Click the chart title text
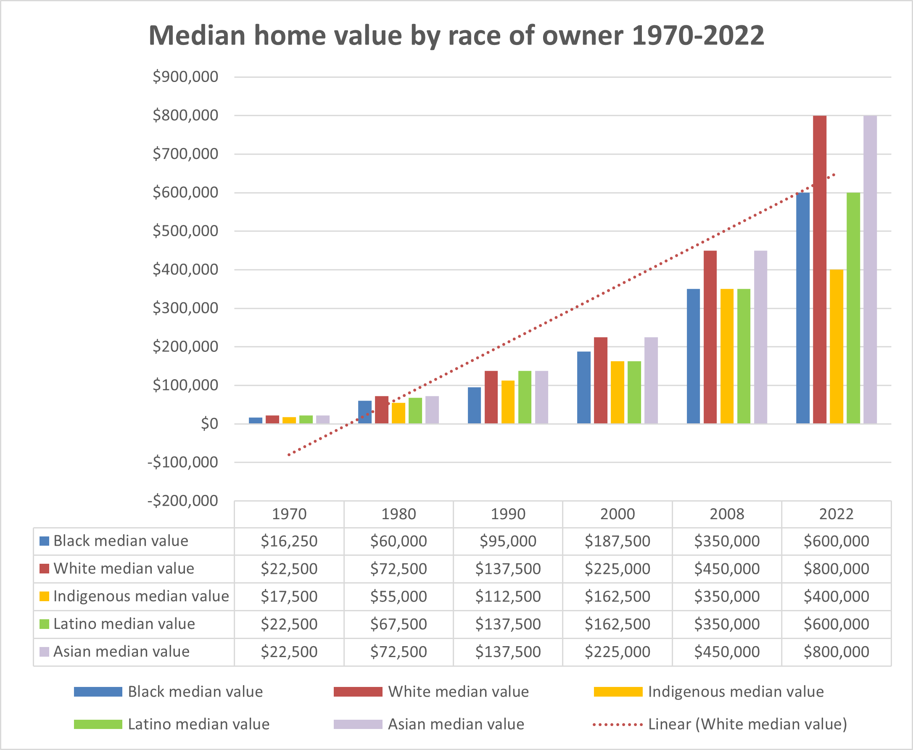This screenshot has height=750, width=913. [x=456, y=35]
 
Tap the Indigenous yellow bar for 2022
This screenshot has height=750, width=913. [x=836, y=346]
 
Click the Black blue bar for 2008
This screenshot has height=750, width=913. [x=693, y=356]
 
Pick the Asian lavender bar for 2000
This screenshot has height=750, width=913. [x=651, y=380]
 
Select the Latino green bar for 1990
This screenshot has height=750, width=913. [x=525, y=397]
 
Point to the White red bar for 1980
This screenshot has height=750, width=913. [x=381, y=409]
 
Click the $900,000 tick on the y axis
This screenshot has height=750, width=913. [x=185, y=77]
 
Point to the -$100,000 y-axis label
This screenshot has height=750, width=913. [x=183, y=462]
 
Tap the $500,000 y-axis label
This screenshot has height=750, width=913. [x=185, y=231]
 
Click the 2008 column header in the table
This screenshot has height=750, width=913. [x=727, y=514]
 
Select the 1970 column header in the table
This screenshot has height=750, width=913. [x=289, y=514]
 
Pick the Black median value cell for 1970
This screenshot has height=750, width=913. [x=289, y=541]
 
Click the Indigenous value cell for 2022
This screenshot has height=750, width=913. [x=836, y=596]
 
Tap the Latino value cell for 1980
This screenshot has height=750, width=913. [x=398, y=624]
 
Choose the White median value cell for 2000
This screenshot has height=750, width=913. [x=617, y=568]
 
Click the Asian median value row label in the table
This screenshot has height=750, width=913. [x=121, y=652]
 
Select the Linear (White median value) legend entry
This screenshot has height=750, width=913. [x=747, y=724]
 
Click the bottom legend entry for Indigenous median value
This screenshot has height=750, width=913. [x=736, y=692]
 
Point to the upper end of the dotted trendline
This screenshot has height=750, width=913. [x=834, y=175]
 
